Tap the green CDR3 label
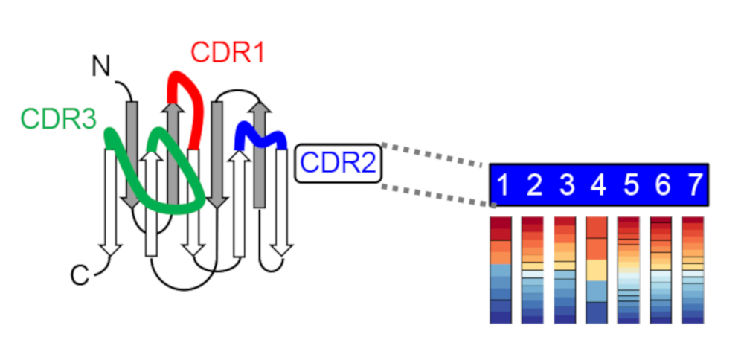click(x=59, y=118)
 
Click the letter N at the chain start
click(x=103, y=66)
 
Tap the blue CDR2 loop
click(x=260, y=135)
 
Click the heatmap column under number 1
click(x=501, y=269)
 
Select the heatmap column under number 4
click(x=597, y=269)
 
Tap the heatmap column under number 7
click(x=693, y=269)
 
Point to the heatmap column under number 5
click(x=629, y=269)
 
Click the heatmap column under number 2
click(x=533, y=269)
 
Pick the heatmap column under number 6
click(x=661, y=269)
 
